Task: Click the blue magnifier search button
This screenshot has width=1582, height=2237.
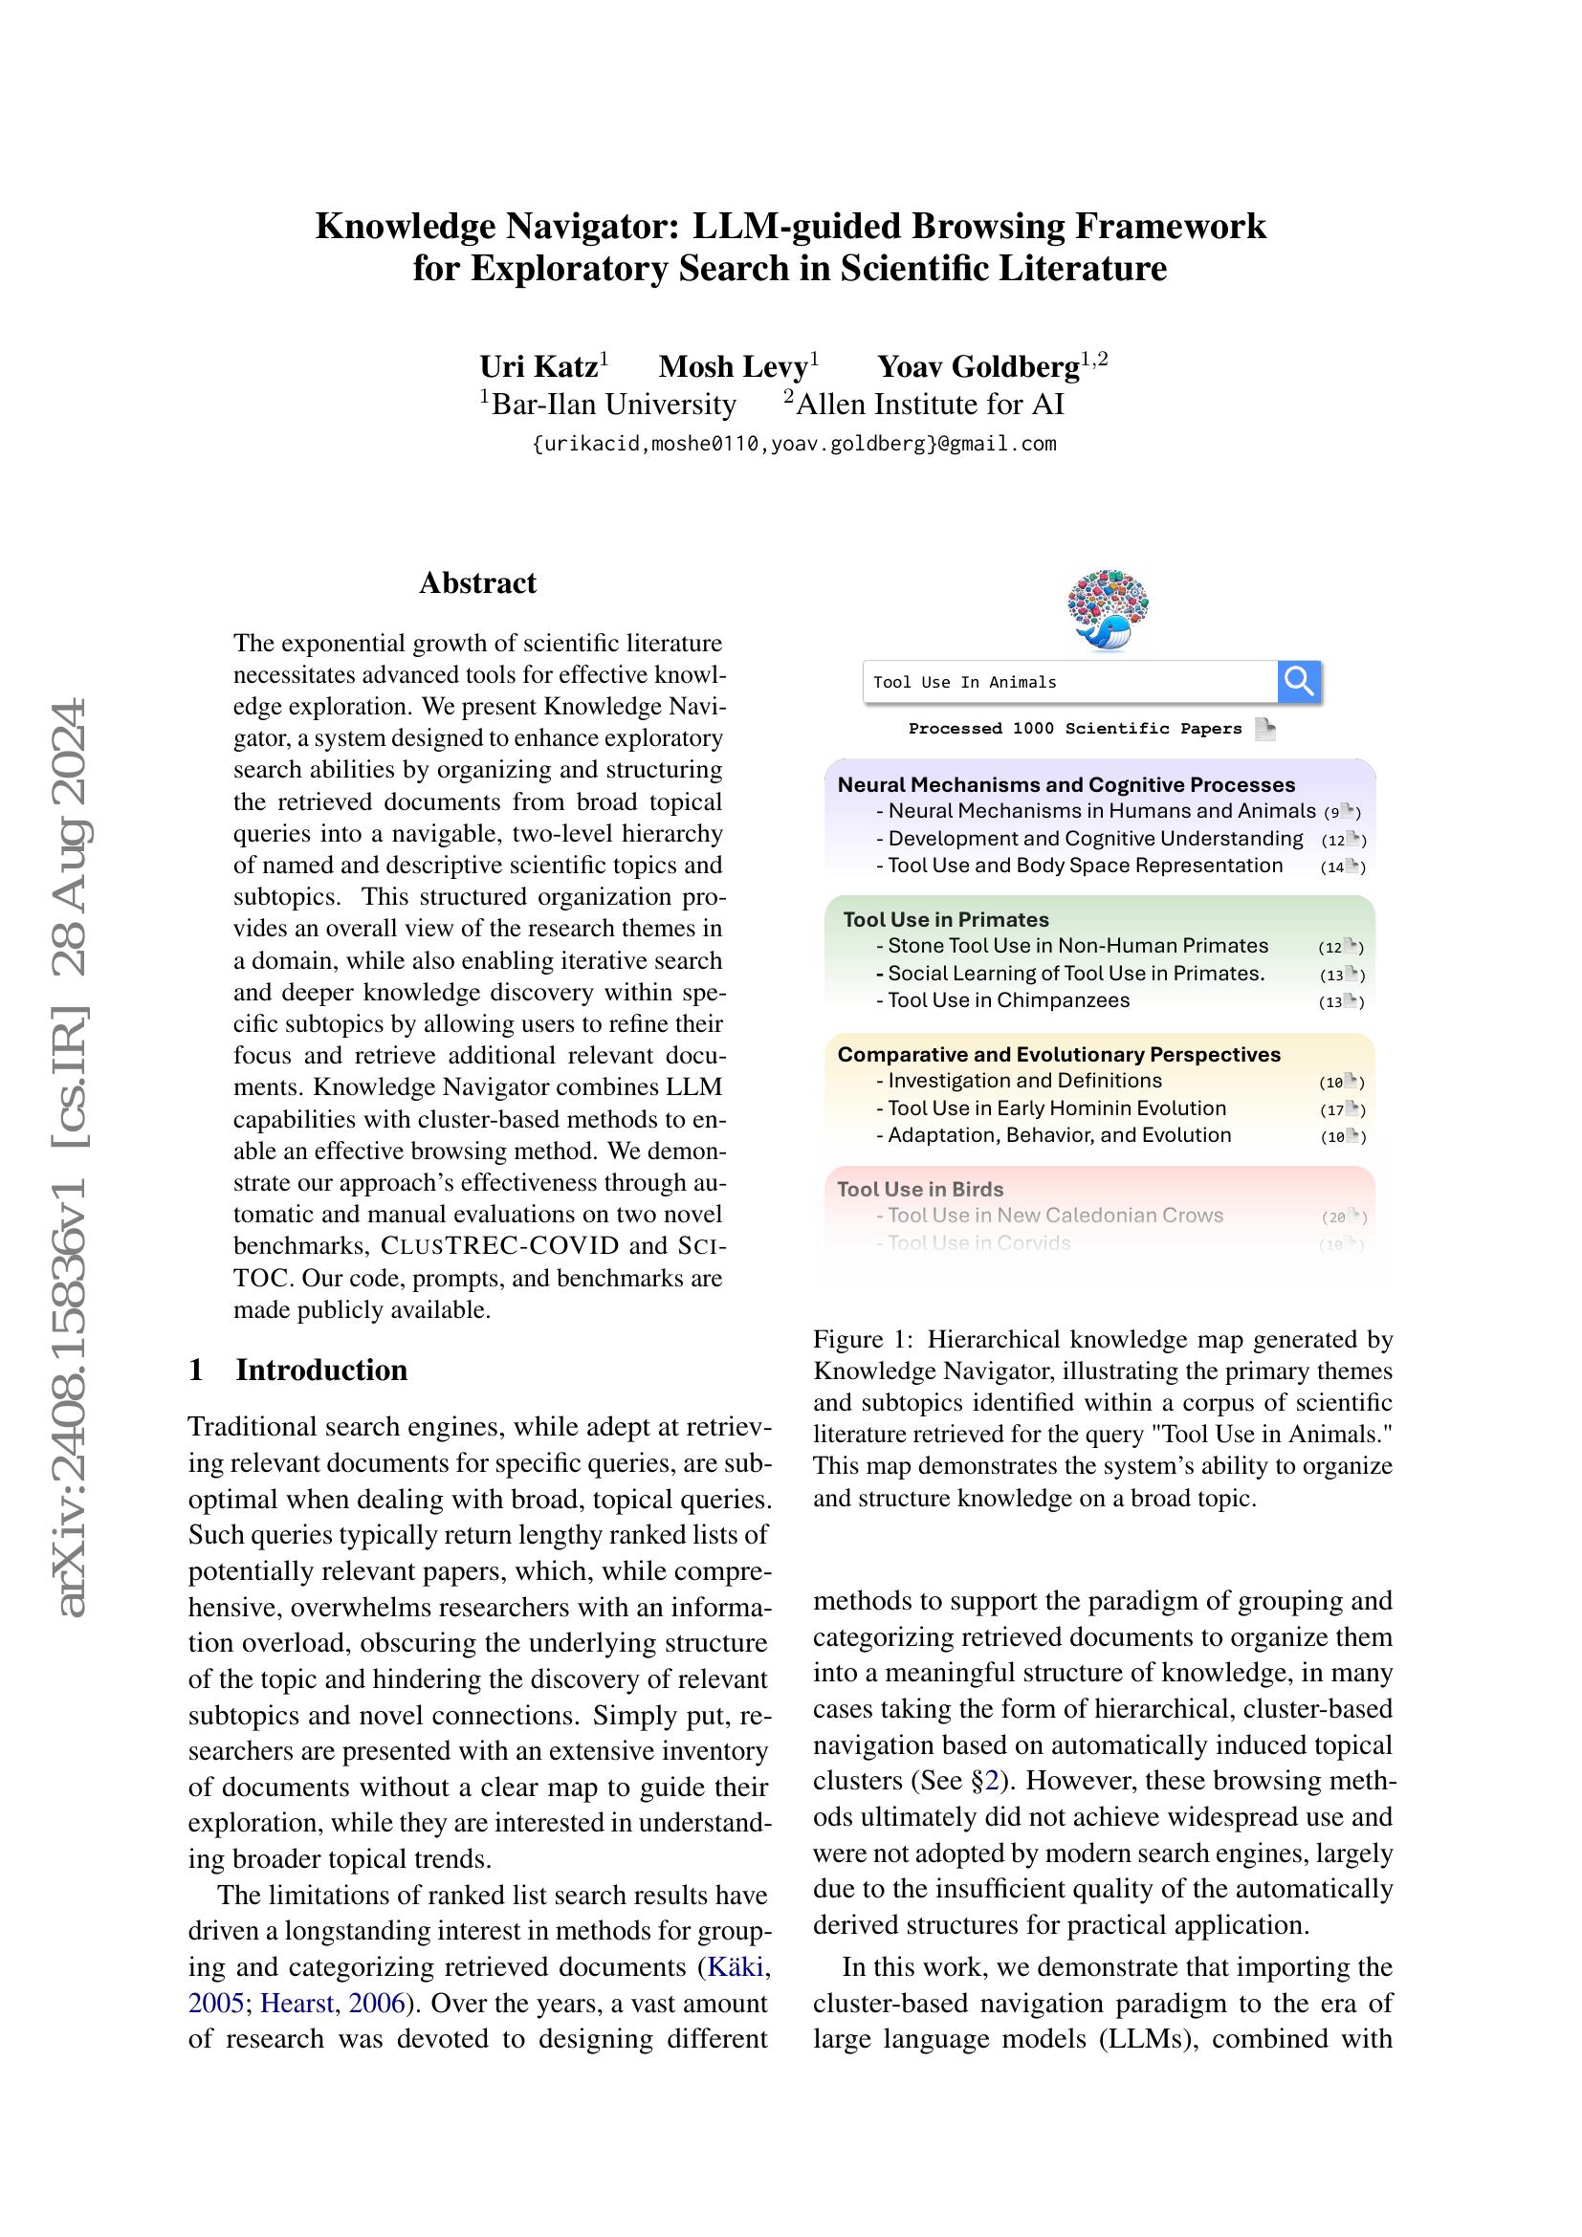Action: [x=1299, y=681]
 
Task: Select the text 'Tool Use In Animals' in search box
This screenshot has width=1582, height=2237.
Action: [x=964, y=682]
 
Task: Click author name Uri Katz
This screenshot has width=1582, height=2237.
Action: [x=538, y=366]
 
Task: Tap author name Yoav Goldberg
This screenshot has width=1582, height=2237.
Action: [x=978, y=366]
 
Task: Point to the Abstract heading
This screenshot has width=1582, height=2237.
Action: [x=477, y=582]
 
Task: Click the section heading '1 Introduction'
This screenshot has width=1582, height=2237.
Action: [x=298, y=1369]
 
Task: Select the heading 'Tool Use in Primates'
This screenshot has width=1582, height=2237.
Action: [x=945, y=919]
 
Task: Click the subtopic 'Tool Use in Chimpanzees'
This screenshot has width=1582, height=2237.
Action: [x=1007, y=999]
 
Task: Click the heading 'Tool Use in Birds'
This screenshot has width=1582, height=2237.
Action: [x=919, y=1189]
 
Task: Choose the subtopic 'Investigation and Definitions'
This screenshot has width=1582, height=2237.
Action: [x=1023, y=1080]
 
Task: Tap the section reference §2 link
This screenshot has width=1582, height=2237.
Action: [x=990, y=1780]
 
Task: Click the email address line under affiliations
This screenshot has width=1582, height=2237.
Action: [x=794, y=445]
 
